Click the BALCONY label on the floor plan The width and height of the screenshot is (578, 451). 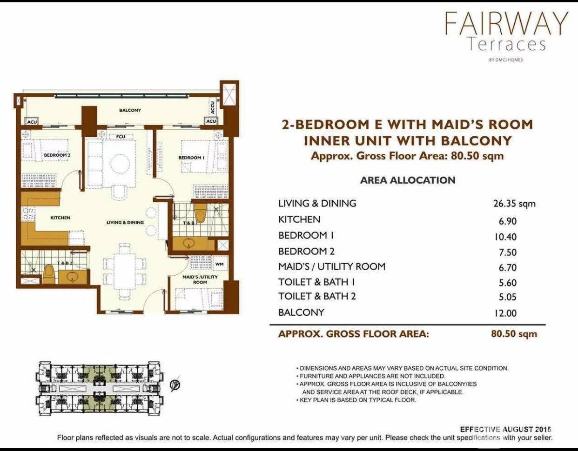coord(130,110)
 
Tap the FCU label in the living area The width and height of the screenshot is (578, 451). coord(121,137)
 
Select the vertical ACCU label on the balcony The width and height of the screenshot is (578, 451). coord(213,107)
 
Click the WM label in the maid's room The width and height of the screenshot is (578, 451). coord(220,264)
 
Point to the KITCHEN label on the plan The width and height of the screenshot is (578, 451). coord(60,218)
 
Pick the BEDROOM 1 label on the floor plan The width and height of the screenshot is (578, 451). coord(191,158)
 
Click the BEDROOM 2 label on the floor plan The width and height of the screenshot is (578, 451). coord(57,155)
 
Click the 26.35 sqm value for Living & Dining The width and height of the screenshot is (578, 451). coord(514,204)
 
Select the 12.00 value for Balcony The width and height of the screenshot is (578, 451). coord(505,313)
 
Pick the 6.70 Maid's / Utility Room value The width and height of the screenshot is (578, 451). coord(508,267)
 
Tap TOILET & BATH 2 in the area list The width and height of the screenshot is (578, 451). coord(317,296)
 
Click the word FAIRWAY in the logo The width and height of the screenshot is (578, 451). coord(506,23)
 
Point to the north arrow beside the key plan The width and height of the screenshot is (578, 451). coord(175,384)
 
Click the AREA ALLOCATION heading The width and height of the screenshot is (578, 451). coord(408,180)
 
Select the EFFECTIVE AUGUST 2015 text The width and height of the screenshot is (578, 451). coord(505,430)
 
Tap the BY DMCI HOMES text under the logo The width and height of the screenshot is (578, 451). coord(506,60)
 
